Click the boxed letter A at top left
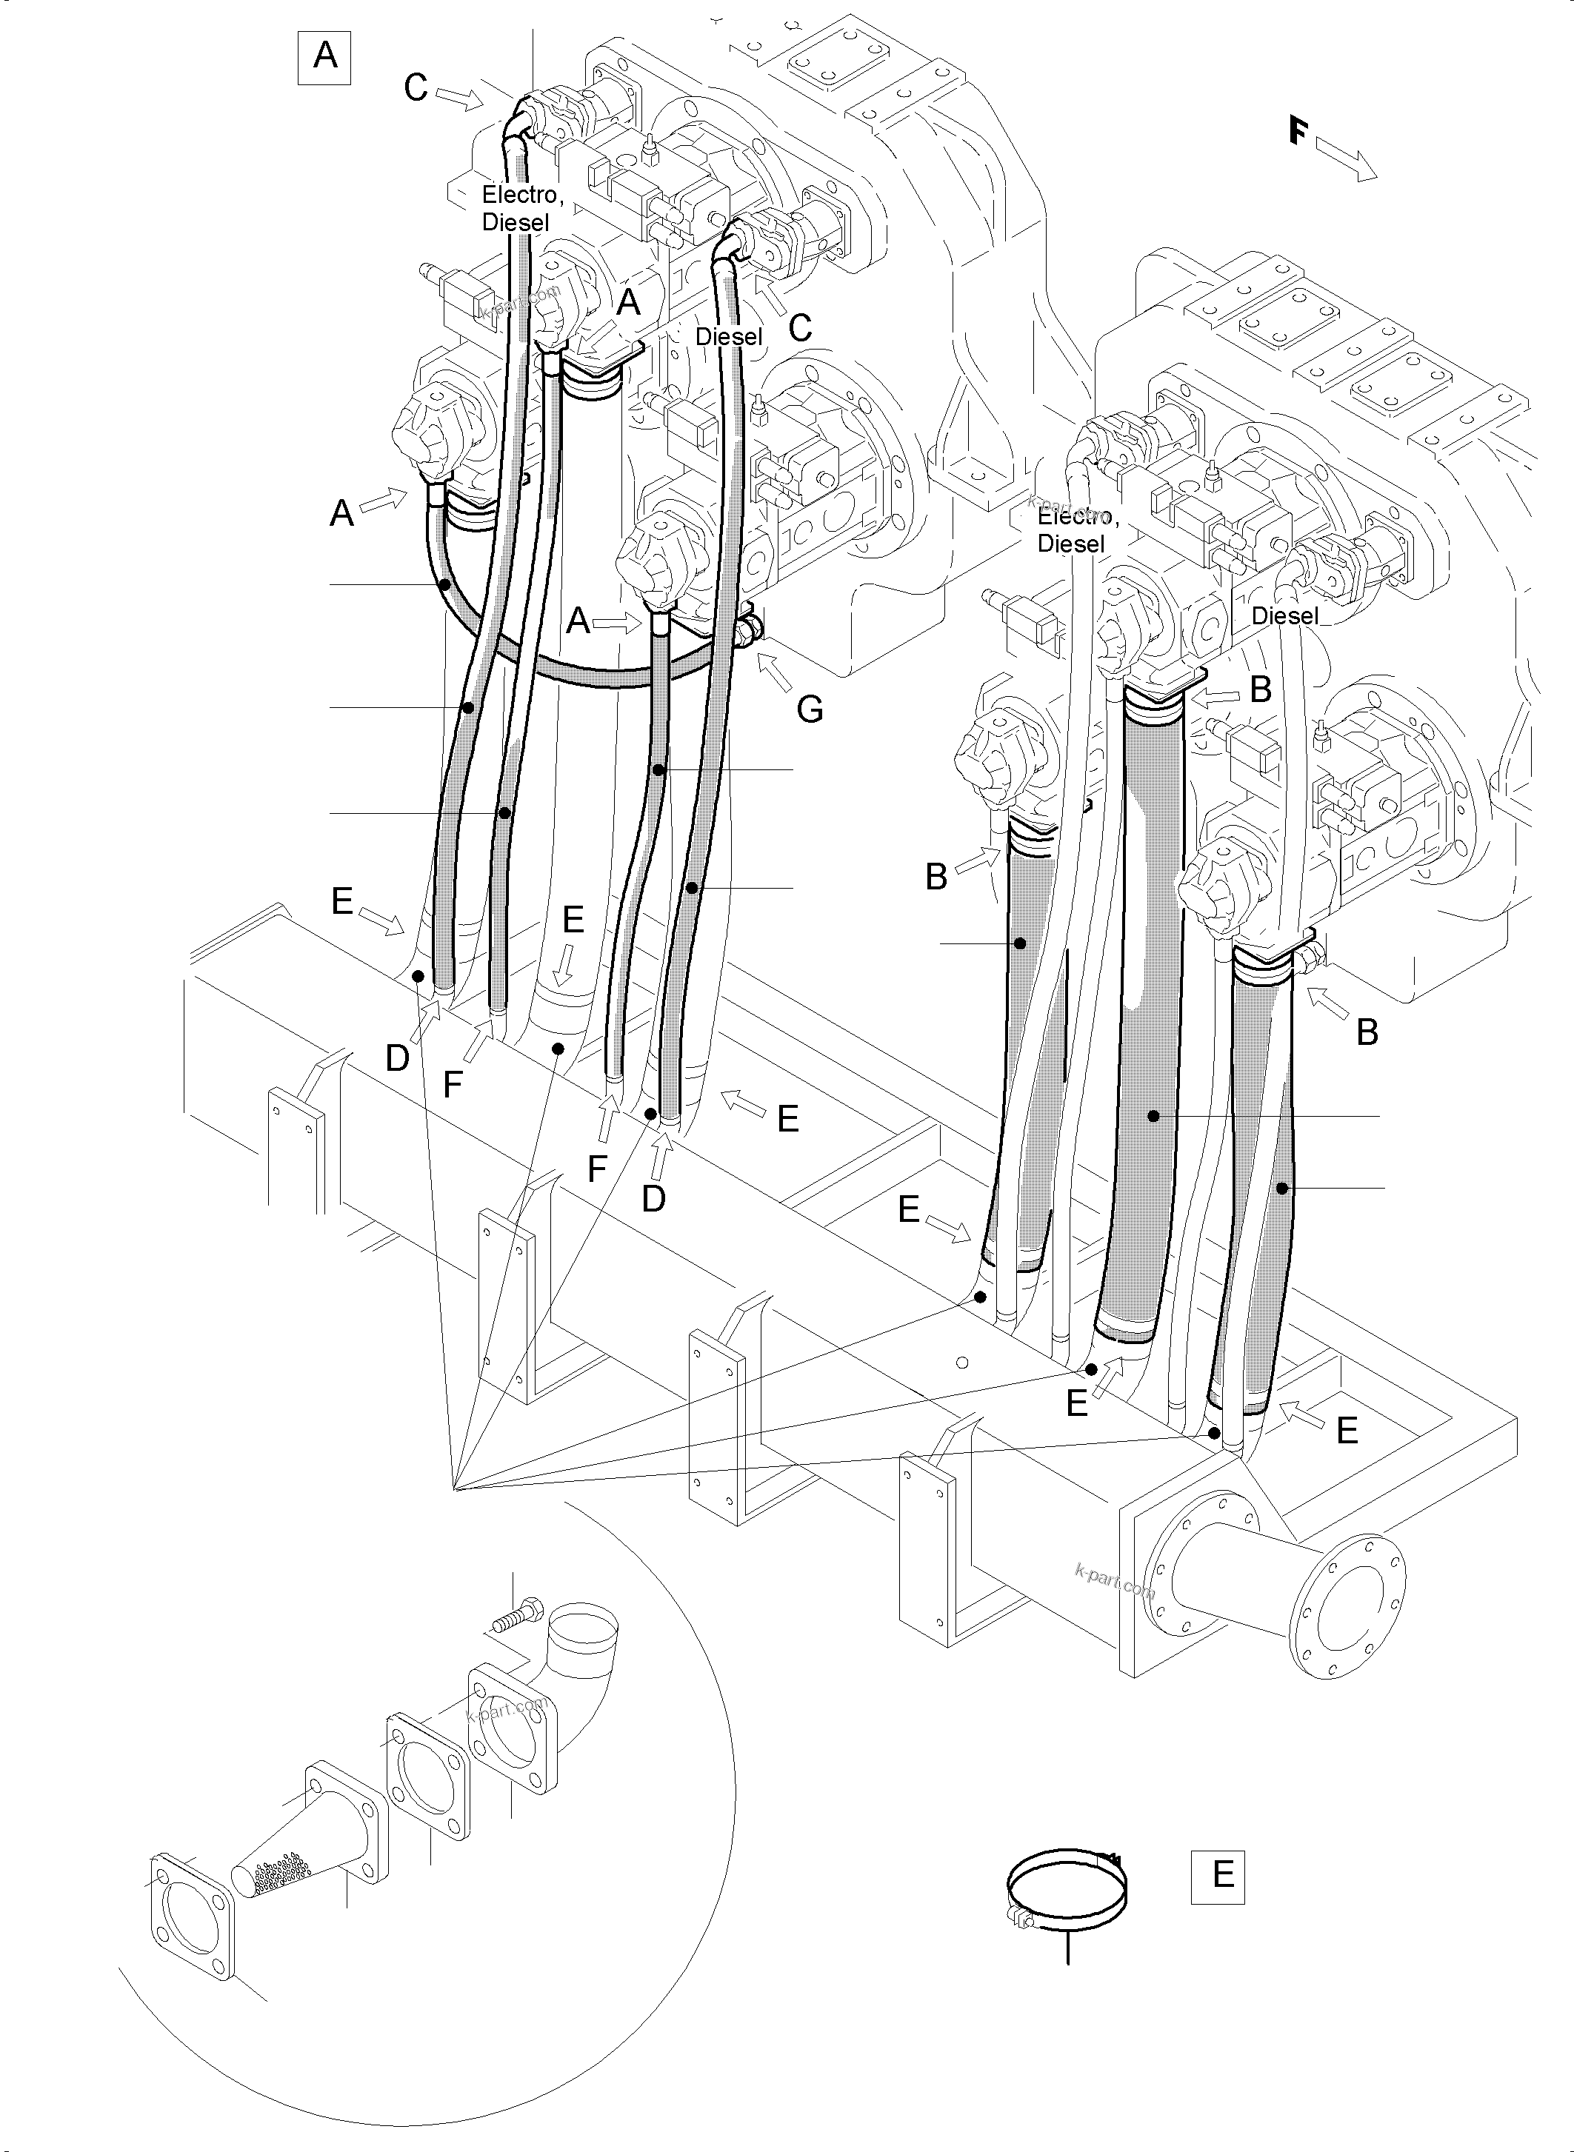point(325,56)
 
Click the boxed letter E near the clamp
point(1218,1876)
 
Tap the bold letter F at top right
point(1298,130)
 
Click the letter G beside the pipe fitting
point(809,709)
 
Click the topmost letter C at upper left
point(416,87)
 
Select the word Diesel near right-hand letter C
point(729,336)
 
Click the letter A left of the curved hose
point(341,515)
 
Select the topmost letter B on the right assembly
point(1260,689)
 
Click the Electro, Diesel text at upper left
point(519,207)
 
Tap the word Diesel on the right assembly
point(1284,615)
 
